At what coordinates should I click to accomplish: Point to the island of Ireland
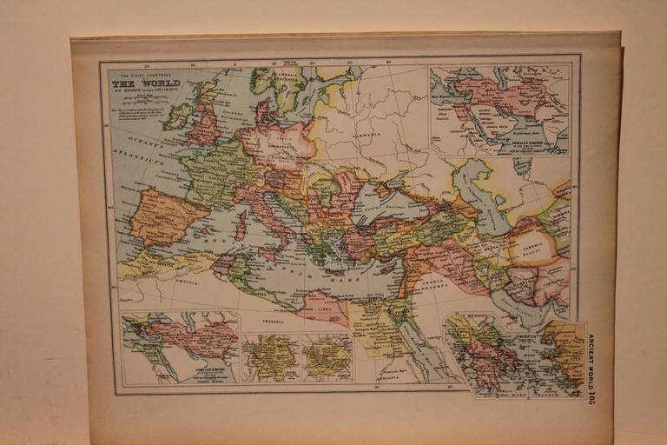tap(177, 116)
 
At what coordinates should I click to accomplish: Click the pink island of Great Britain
tap(205, 126)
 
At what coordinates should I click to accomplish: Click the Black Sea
tap(383, 204)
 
